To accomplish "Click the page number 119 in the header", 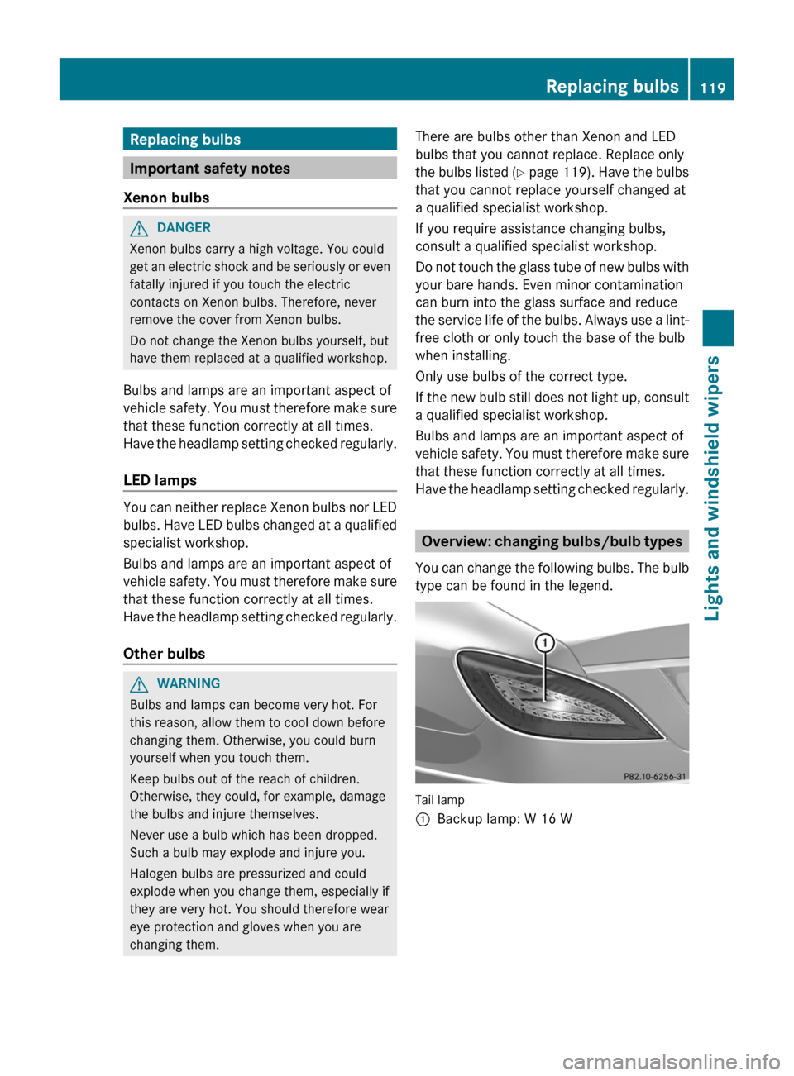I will [x=712, y=88].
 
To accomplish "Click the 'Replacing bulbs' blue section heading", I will [x=185, y=140].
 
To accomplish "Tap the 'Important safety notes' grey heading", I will [x=210, y=169].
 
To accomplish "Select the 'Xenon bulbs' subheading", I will [x=166, y=198].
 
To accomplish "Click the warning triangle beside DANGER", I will [x=139, y=228].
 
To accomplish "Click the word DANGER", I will [x=184, y=227].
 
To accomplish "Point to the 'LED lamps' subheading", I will [x=160, y=480].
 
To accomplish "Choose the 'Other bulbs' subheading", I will [x=164, y=654].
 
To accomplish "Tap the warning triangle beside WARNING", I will [x=139, y=684].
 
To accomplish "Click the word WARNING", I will [x=189, y=683].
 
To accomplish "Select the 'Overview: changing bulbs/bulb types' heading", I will [x=552, y=541].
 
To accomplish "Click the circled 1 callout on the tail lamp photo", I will [x=544, y=643].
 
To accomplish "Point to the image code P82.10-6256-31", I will [x=654, y=776].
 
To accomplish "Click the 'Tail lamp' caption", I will [x=440, y=800].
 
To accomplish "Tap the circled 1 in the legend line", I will [x=423, y=820].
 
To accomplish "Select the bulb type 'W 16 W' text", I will [x=548, y=819].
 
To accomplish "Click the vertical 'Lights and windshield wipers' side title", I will [x=712, y=488].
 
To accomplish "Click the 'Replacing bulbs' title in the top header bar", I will [x=612, y=87].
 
